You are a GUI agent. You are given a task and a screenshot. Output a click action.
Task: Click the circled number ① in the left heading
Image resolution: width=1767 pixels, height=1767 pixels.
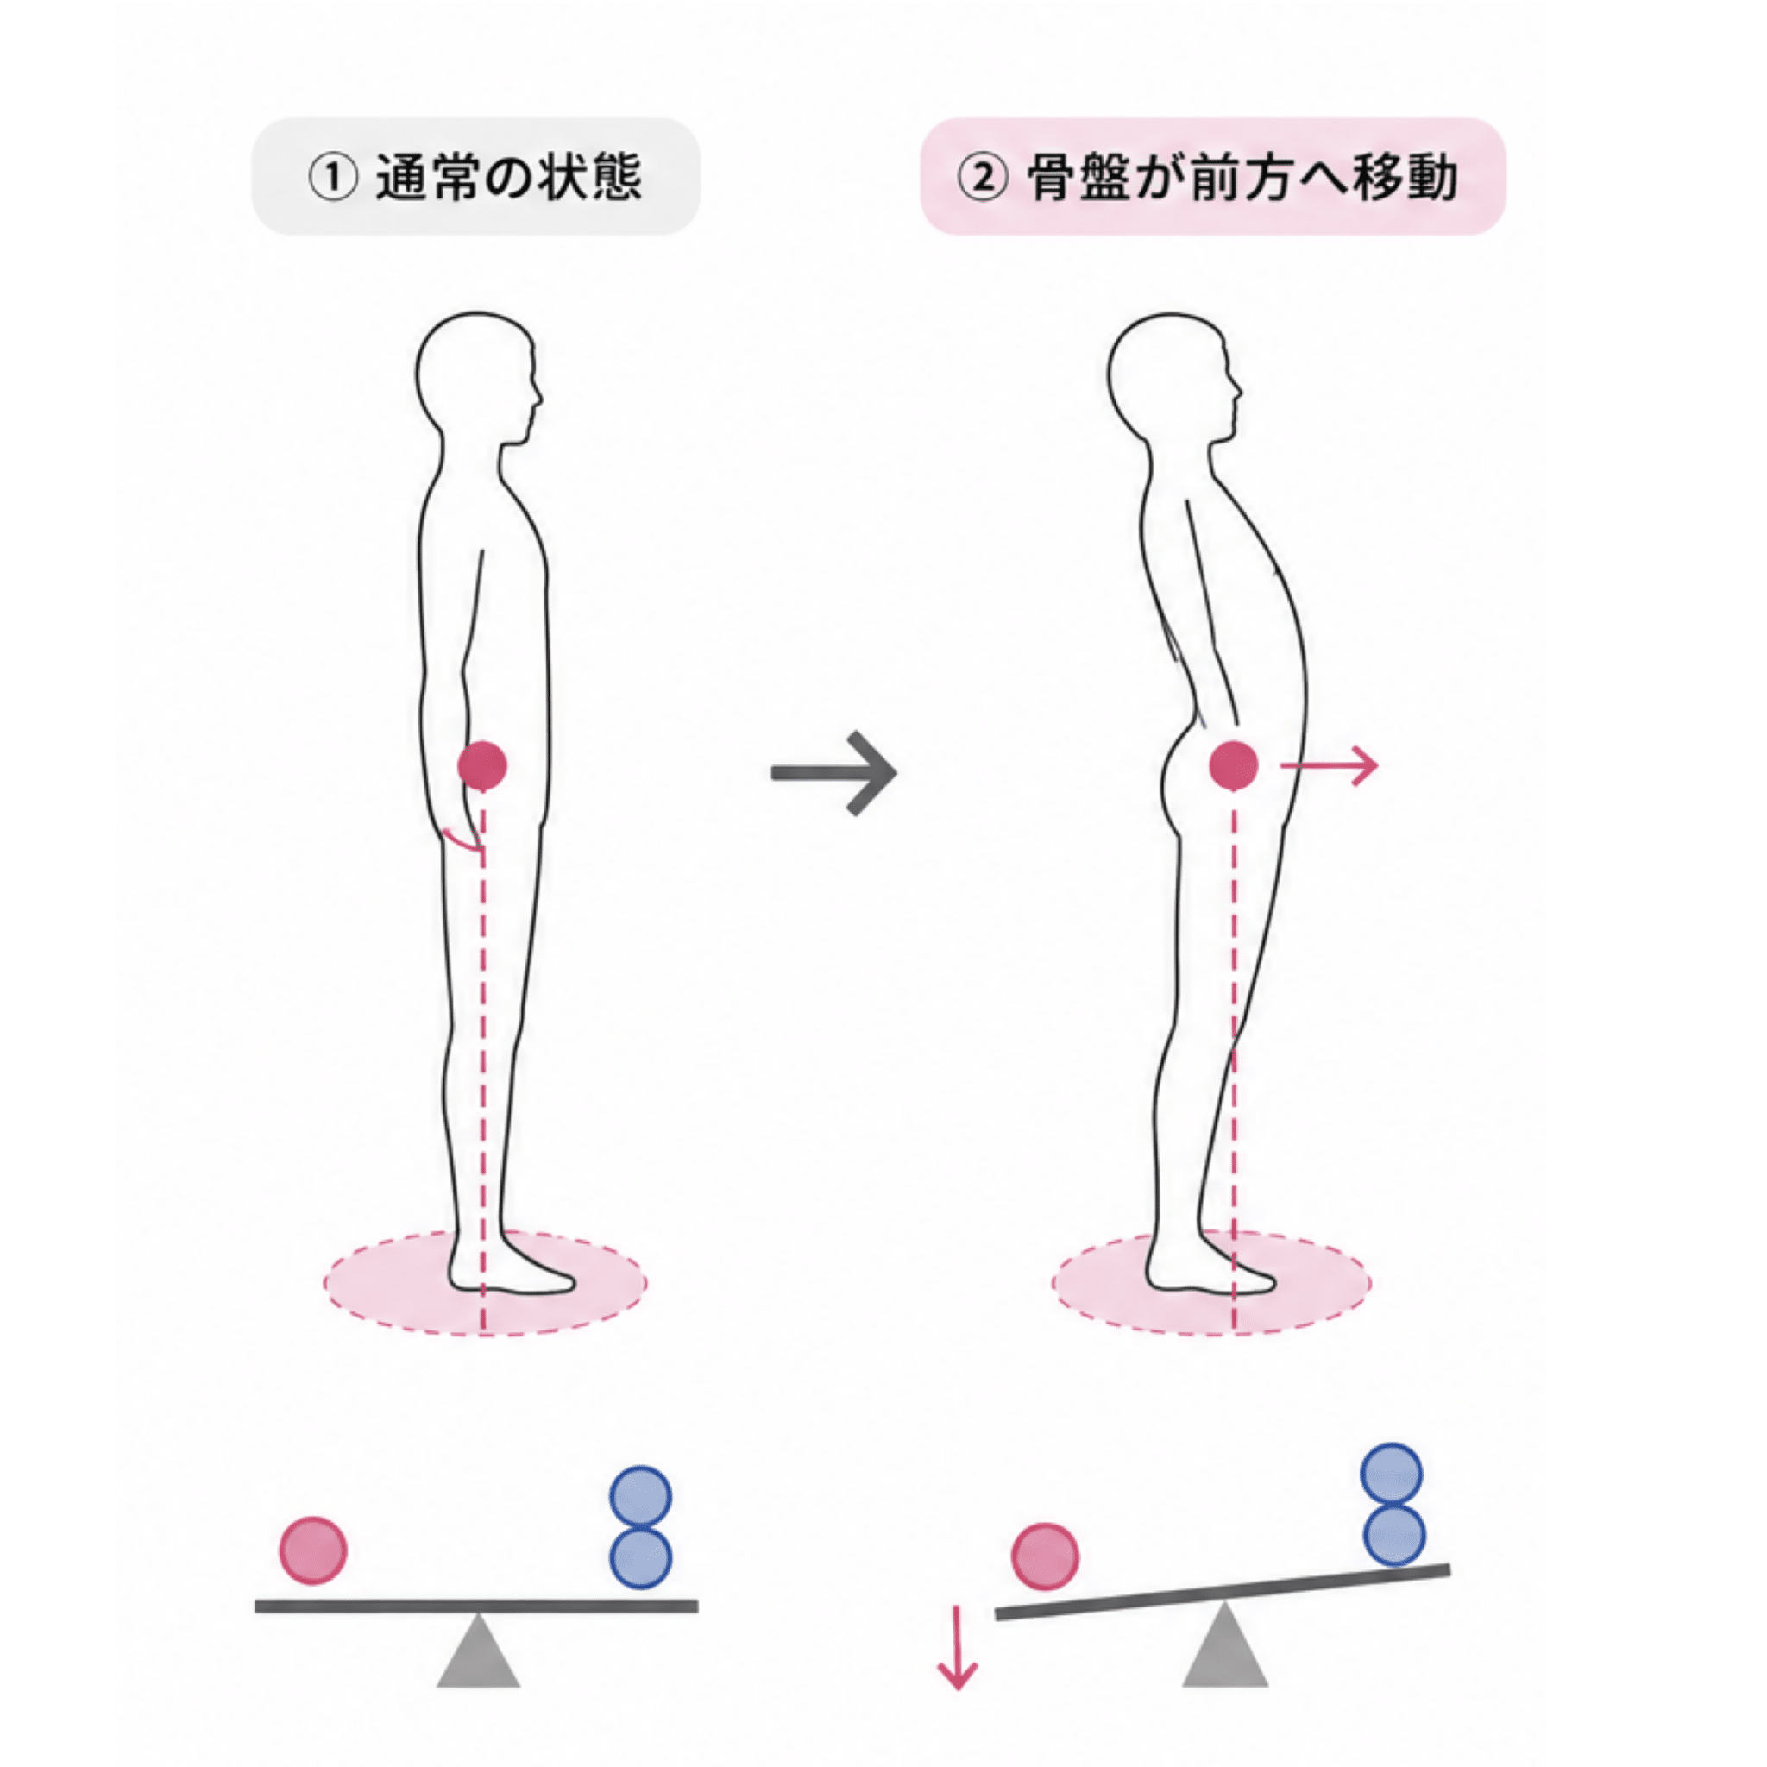[x=333, y=178]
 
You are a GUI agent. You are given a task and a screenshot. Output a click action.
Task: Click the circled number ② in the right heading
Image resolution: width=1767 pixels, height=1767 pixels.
[x=982, y=178]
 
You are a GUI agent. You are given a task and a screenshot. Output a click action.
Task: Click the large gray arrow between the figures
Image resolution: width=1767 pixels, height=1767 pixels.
[x=833, y=773]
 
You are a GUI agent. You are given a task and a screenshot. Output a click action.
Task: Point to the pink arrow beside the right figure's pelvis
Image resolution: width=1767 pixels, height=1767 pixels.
[x=1328, y=765]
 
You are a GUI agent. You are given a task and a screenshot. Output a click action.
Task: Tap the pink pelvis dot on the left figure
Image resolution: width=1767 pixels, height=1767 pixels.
[x=482, y=765]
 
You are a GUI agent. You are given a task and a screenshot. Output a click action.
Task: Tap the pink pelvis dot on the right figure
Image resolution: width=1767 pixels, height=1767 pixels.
[x=1233, y=765]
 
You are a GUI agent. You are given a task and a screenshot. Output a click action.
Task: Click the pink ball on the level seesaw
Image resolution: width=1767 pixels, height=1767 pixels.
[x=313, y=1550]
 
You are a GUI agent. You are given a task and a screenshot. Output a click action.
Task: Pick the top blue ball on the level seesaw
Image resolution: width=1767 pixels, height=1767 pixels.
[x=640, y=1498]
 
